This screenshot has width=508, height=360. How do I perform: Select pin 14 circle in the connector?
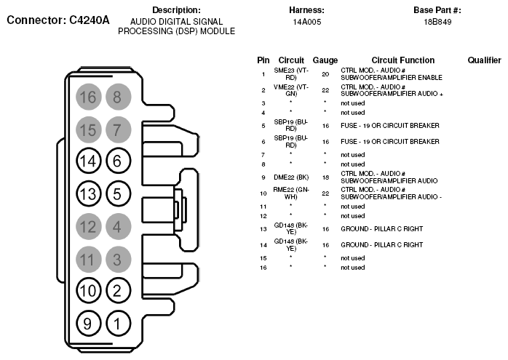tap(88, 161)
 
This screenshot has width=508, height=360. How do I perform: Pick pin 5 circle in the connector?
tap(116, 193)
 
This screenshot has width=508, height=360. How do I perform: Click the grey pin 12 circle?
tap(88, 226)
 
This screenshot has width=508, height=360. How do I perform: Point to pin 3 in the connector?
tap(116, 258)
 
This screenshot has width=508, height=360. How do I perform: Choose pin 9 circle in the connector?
tap(88, 322)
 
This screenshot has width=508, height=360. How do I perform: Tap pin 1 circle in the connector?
tap(116, 322)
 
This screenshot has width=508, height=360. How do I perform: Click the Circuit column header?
tap(291, 60)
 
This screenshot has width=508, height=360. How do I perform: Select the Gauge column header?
tap(325, 60)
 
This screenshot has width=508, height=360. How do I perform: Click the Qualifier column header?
tap(484, 60)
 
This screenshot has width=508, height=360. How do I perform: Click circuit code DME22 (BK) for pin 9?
tap(291, 177)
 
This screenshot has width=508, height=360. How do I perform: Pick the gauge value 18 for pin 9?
tap(325, 177)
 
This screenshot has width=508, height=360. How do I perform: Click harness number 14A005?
tap(306, 23)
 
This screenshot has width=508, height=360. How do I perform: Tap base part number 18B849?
tap(437, 23)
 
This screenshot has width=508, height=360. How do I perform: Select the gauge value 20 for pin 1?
tap(325, 74)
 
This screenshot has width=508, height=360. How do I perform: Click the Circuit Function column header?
tap(402, 60)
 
